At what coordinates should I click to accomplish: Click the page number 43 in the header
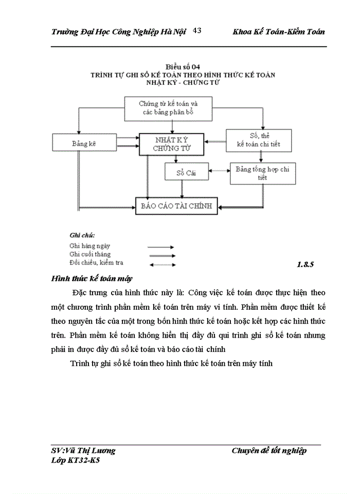pyautogui.click(x=196, y=31)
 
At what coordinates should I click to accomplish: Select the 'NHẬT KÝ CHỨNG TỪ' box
pyautogui.click(x=171, y=144)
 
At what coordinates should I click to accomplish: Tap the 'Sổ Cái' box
pyautogui.click(x=187, y=172)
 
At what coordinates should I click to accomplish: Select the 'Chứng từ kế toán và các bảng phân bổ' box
pyautogui.click(x=169, y=108)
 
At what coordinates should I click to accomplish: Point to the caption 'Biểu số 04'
pyautogui.click(x=183, y=67)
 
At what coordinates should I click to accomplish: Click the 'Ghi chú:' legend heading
pyautogui.click(x=82, y=236)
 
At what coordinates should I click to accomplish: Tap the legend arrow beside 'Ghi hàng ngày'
pyautogui.click(x=161, y=247)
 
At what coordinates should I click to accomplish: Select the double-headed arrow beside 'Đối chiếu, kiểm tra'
pyautogui.click(x=161, y=264)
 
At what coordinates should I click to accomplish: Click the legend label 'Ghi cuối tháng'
pyautogui.click(x=90, y=254)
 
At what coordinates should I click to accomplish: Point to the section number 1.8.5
pyautogui.click(x=305, y=265)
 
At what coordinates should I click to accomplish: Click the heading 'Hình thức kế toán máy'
pyautogui.click(x=92, y=279)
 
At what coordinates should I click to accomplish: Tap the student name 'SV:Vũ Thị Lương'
pyautogui.click(x=84, y=451)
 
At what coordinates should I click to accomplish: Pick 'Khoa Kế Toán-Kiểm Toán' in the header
pyautogui.click(x=279, y=32)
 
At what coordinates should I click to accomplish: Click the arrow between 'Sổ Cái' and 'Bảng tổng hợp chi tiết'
pyautogui.click(x=220, y=171)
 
